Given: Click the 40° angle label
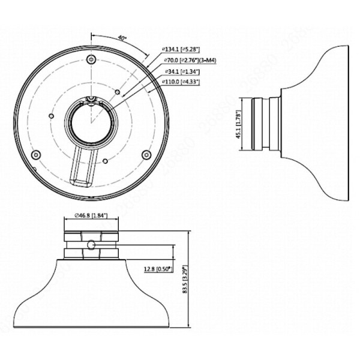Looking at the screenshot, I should (122, 38).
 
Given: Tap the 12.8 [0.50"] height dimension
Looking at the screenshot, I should (157, 269).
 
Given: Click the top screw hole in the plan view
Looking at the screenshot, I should (91, 59).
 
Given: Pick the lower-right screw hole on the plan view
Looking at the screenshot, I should (146, 155).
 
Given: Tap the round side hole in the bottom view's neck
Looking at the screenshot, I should (91, 245).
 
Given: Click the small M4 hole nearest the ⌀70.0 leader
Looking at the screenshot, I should (119, 93).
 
